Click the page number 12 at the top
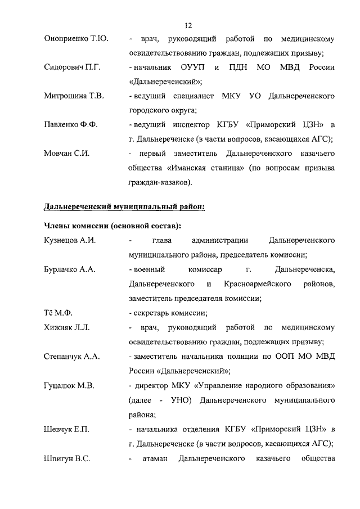coord(189,25)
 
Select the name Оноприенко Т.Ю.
coord(76,39)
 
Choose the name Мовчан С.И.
coord(67,153)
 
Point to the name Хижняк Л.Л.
coord(66,327)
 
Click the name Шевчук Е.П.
coord(66,429)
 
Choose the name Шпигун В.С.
coord(67,458)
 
